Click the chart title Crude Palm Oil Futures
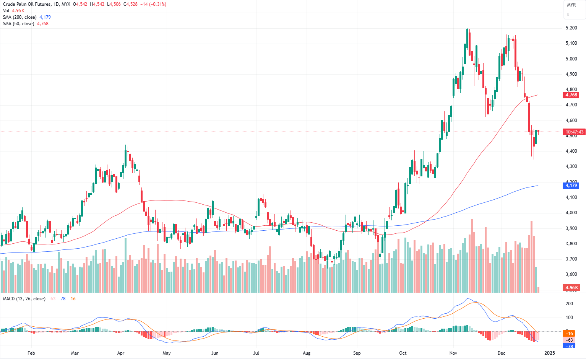(26, 4)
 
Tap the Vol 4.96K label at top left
(14, 11)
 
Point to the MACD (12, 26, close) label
(24, 299)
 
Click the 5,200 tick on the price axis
(571, 28)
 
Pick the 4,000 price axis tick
(571, 213)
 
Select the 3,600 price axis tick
(571, 274)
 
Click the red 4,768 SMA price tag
(571, 95)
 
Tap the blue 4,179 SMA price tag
(571, 186)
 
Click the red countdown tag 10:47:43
(574, 132)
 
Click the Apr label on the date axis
(121, 353)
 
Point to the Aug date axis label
(306, 353)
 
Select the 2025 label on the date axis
(549, 353)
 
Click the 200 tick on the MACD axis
(569, 304)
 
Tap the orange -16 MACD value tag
(570, 334)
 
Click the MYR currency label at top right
(571, 5)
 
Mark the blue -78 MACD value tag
(570, 346)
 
